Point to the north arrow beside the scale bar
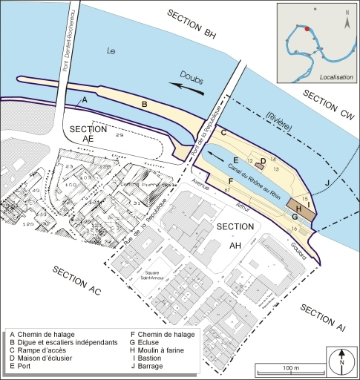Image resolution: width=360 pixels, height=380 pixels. [341, 363]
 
